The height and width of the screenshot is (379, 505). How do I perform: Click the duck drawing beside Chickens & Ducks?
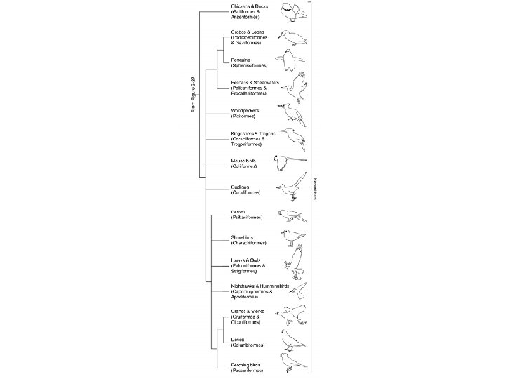(290, 12)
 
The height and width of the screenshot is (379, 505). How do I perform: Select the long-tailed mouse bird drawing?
(290, 162)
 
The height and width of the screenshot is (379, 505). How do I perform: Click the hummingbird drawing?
(298, 289)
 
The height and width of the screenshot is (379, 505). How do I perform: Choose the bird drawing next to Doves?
(290, 340)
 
